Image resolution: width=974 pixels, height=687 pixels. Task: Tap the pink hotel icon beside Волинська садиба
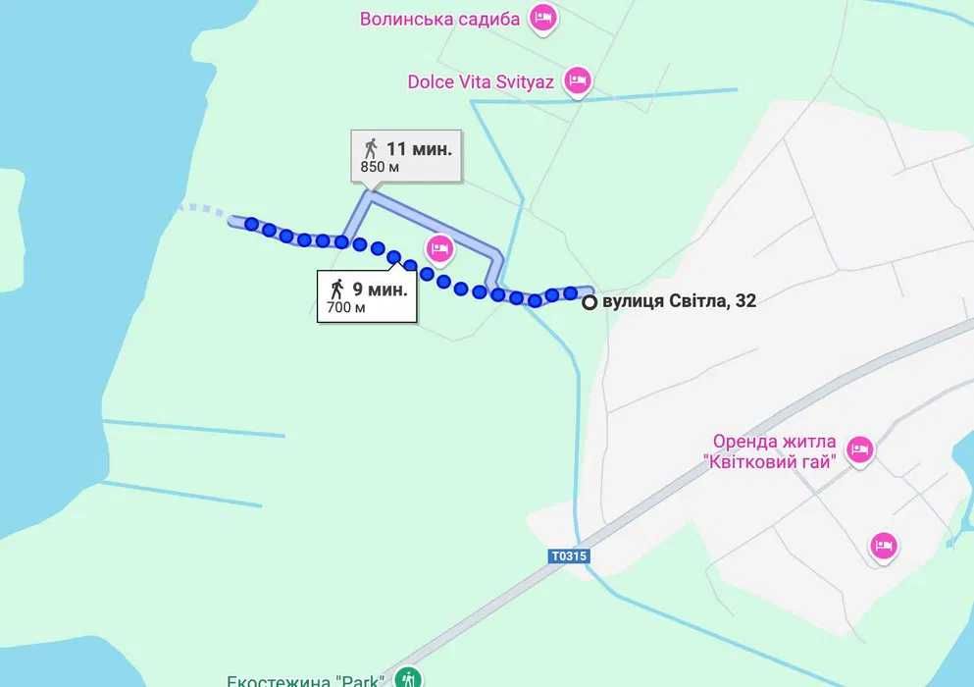[543, 17]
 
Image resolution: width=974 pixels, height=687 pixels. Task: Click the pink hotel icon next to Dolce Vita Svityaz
[579, 80]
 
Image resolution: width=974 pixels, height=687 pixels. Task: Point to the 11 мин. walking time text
[419, 149]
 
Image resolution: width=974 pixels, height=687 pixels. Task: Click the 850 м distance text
[380, 167]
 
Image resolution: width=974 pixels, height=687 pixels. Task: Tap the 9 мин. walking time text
[380, 290]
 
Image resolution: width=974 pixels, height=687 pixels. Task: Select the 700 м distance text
[346, 307]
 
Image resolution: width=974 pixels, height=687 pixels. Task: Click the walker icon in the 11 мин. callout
[370, 149]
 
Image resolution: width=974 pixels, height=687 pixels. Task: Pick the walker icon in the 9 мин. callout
[337, 290]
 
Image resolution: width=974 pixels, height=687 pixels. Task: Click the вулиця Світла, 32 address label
[679, 302]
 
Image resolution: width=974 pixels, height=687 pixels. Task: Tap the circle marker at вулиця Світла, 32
[589, 303]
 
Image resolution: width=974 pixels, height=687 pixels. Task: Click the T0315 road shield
[568, 556]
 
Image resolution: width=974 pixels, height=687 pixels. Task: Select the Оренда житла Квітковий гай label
[773, 451]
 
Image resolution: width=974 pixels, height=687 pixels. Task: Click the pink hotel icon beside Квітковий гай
[859, 449]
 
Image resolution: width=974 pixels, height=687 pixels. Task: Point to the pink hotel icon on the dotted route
[438, 248]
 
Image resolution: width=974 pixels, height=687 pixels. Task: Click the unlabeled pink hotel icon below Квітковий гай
[883, 545]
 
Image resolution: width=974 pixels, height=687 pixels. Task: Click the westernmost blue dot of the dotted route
[252, 225]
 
